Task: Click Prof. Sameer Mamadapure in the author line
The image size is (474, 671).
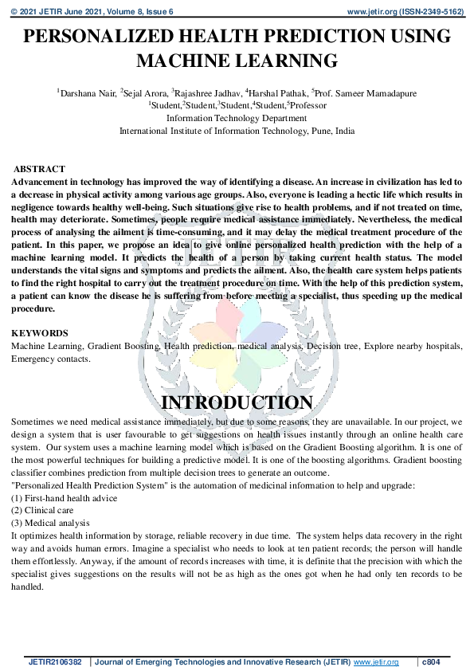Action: [x=366, y=93]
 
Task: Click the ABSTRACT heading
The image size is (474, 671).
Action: [x=39, y=170]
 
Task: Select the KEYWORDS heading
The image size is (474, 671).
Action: [x=39, y=333]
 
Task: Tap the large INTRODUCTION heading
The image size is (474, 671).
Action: [x=237, y=402]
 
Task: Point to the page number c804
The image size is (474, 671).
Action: [x=431, y=661]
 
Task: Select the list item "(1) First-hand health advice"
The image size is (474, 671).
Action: [x=64, y=498]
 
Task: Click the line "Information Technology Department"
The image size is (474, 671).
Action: [x=237, y=118]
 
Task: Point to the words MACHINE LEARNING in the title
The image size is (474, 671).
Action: [x=237, y=61]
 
